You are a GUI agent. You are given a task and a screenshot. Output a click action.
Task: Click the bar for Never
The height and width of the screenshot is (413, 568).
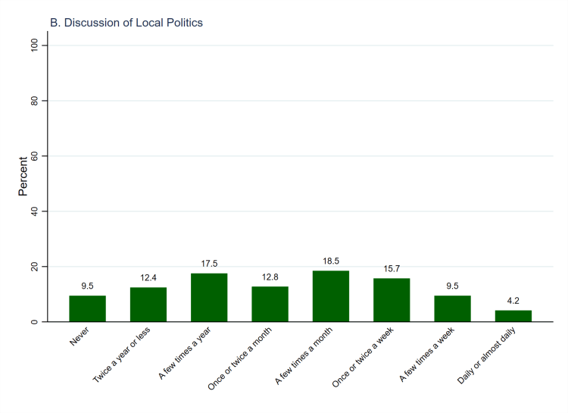click(x=87, y=308)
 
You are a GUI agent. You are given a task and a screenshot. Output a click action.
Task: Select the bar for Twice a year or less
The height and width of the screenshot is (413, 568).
click(x=148, y=305)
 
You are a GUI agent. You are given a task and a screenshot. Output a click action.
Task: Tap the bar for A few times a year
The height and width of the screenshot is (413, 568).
click(x=209, y=298)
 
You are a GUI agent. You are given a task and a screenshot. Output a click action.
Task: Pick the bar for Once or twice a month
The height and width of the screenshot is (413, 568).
click(x=270, y=304)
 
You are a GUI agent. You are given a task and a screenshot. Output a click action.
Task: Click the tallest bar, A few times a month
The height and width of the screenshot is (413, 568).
click(x=331, y=296)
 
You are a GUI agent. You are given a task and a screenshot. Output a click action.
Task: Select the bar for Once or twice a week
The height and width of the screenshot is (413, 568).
click(x=392, y=300)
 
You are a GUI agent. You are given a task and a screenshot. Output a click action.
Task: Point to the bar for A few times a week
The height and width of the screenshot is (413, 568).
click(x=452, y=308)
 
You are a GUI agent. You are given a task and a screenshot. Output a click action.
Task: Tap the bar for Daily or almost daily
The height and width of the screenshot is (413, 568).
click(x=513, y=316)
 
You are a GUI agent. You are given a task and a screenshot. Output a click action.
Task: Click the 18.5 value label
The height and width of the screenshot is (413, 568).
click(x=331, y=261)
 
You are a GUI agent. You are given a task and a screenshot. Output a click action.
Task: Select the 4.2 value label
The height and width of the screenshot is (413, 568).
click(x=513, y=301)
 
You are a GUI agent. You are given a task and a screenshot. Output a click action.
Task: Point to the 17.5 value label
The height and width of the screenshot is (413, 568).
click(x=209, y=264)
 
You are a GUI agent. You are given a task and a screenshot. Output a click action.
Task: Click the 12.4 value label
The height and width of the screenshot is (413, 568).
click(x=148, y=278)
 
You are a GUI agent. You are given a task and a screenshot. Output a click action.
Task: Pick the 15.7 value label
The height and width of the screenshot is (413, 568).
click(x=392, y=269)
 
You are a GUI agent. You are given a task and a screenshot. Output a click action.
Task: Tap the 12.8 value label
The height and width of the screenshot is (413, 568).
click(x=270, y=277)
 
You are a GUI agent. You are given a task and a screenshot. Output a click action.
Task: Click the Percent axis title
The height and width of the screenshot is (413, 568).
click(x=24, y=177)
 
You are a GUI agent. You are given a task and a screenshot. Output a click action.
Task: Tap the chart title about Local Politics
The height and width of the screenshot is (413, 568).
click(x=126, y=23)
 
